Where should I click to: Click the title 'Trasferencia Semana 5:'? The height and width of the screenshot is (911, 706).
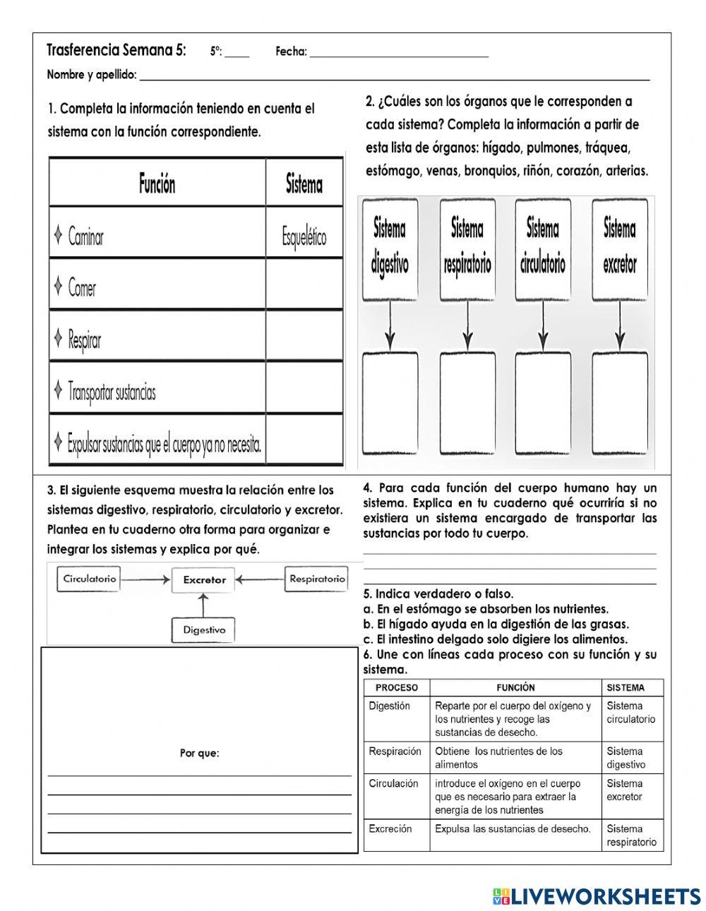click(116, 50)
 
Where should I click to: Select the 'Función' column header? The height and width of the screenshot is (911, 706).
click(157, 184)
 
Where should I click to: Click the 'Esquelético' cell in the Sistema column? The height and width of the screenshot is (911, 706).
click(304, 237)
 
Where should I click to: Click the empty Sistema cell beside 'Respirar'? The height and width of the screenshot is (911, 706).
click(304, 339)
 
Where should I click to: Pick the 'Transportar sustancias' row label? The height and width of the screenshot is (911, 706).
click(112, 392)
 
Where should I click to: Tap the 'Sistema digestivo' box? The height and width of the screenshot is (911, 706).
click(390, 246)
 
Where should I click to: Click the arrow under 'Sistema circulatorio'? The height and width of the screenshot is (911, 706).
click(542, 325)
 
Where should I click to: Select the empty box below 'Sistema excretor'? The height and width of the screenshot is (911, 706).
click(619, 404)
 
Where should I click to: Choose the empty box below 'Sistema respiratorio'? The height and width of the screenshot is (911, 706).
click(467, 404)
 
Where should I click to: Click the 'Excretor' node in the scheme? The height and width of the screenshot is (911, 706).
click(204, 579)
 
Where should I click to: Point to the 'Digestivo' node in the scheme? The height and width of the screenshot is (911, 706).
click(204, 629)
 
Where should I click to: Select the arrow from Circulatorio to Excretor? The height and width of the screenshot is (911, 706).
click(145, 579)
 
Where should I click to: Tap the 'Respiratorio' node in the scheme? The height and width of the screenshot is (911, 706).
click(317, 579)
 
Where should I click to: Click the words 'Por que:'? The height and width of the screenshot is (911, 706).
click(199, 753)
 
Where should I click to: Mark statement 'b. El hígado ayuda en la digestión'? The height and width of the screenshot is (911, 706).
click(496, 624)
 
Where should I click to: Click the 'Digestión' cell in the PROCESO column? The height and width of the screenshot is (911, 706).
click(389, 706)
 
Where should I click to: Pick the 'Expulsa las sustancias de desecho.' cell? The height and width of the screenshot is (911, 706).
click(513, 828)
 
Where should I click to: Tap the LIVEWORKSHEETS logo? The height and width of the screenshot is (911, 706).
click(597, 895)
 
